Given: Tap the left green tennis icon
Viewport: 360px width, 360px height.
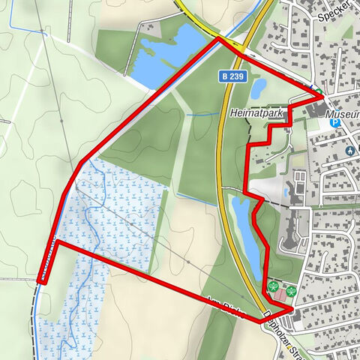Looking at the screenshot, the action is tap(274, 286).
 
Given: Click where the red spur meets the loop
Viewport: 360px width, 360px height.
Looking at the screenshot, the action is tap(57, 242).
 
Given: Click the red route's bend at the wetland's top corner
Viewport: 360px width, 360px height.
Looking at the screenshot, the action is tap(80, 160).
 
